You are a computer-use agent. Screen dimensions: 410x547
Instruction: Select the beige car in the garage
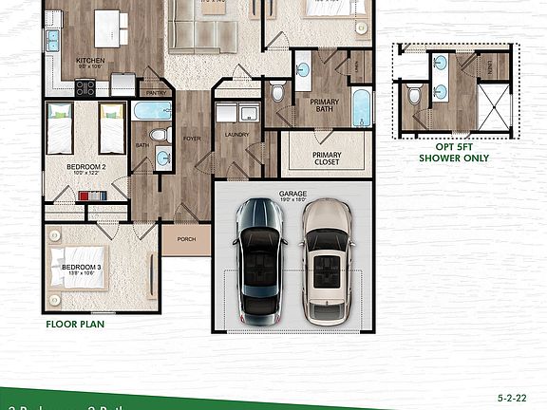tap(325, 258)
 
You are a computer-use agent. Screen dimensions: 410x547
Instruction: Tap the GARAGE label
tap(292, 193)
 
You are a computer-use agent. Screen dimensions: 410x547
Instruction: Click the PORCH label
tap(186, 239)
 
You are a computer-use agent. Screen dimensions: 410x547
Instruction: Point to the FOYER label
tap(192, 139)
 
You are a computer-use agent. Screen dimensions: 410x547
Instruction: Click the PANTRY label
tap(156, 93)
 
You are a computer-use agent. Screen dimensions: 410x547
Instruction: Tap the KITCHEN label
tap(89, 59)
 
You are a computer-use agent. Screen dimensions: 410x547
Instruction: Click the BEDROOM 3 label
tap(82, 268)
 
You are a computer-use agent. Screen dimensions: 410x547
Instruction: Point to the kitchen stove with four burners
tap(85, 87)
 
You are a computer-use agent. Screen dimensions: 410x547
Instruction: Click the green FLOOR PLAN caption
tap(75, 324)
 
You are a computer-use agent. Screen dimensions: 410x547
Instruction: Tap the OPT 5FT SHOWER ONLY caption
tap(454, 153)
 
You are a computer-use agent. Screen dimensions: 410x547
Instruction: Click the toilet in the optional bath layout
tap(415, 95)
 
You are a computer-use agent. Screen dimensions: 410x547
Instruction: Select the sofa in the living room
tap(202, 36)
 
